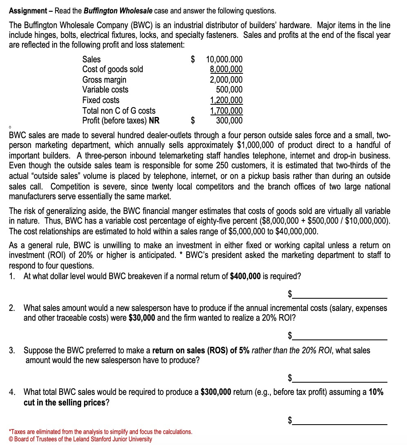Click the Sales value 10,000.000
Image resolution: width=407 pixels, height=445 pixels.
coord(225,59)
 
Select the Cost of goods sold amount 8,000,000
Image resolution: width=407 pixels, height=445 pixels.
coord(226,70)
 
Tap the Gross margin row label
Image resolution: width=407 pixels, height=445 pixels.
coord(104,80)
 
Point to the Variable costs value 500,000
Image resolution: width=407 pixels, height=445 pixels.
coord(229,90)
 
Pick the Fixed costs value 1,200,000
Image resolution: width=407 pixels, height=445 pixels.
coord(226,100)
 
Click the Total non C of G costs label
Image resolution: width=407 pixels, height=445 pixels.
coord(119,110)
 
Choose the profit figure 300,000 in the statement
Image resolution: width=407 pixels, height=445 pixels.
coord(229,121)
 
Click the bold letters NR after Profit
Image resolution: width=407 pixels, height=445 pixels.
coord(154,121)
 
